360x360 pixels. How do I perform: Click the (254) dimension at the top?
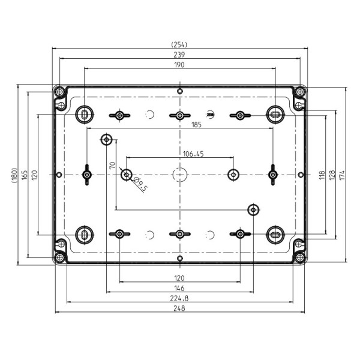(179, 44)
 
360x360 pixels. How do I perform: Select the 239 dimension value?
(179, 54)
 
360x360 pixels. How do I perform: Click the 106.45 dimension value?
(193, 154)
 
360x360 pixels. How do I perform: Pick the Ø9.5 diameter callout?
(139, 186)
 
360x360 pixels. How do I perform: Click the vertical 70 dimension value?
(112, 166)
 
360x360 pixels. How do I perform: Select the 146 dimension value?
(179, 289)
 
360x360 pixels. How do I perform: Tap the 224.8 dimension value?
(179, 298)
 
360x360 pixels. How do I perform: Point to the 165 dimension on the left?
(24, 175)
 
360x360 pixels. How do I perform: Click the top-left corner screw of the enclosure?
(59, 92)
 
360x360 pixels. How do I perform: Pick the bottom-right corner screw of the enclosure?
(299, 257)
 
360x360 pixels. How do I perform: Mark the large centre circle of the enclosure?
(179, 175)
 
